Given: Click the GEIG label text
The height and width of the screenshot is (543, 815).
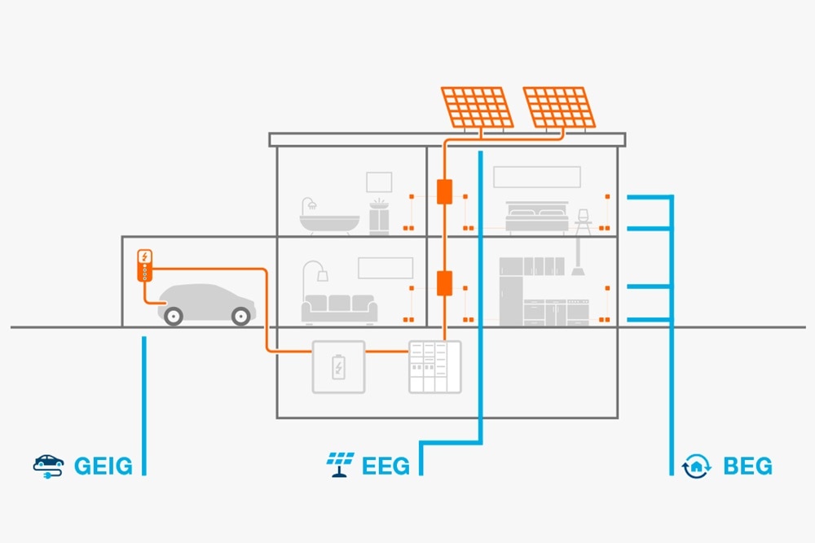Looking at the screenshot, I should tap(103, 466).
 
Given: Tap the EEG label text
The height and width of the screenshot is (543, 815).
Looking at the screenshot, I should tap(386, 466).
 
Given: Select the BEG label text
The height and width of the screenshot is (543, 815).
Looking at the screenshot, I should tap(747, 466).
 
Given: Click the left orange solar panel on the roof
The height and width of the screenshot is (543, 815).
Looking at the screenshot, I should tap(478, 107).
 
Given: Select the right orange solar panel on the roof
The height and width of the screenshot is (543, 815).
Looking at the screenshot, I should tap(558, 107).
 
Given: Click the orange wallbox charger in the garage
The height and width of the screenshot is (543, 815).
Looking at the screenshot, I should tap(144, 265).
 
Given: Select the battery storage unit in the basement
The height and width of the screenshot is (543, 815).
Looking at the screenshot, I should tap(337, 366).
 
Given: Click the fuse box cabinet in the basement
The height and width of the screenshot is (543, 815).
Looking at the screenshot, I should tap(434, 366).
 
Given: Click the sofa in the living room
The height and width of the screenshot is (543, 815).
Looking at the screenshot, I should tap(339, 308).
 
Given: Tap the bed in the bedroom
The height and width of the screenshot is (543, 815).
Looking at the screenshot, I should tap(537, 217).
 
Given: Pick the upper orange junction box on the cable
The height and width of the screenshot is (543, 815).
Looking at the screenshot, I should tap(444, 192).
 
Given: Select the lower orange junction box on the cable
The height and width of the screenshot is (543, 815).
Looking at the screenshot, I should tap(444, 283).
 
